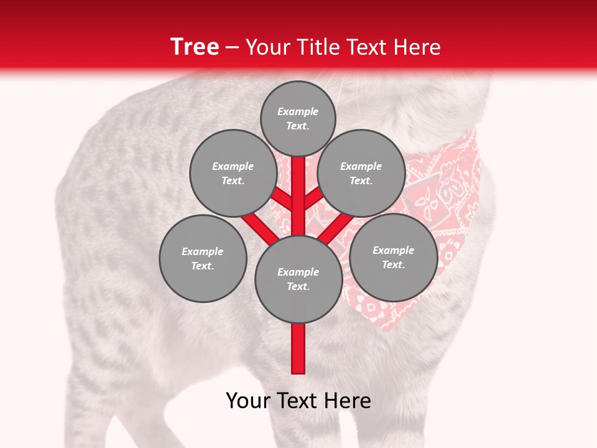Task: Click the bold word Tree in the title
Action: point(195,47)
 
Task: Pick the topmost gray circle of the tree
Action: point(298,118)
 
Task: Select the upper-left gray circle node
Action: point(233,174)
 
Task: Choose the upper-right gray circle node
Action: point(361,174)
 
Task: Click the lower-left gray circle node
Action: point(202,259)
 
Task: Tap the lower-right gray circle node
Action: point(393,257)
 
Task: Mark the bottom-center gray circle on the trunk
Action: point(298,279)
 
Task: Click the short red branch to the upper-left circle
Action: point(282,199)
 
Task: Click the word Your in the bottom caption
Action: point(249,401)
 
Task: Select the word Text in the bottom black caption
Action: point(298,401)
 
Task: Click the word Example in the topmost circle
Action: point(298,111)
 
